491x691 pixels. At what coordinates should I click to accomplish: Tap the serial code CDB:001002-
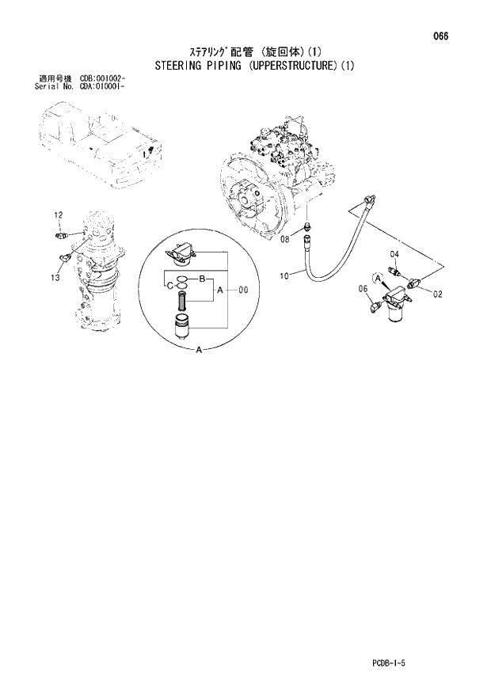103,79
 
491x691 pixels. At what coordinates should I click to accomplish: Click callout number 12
58,215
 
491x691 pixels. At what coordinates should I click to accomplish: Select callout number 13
55,277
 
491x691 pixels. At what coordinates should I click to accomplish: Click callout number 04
394,253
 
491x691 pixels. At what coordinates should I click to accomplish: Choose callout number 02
436,294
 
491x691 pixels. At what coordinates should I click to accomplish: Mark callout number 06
363,289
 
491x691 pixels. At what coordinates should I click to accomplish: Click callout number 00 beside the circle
243,290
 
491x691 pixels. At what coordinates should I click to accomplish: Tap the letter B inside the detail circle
202,279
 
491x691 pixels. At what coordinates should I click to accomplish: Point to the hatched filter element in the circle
183,302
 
